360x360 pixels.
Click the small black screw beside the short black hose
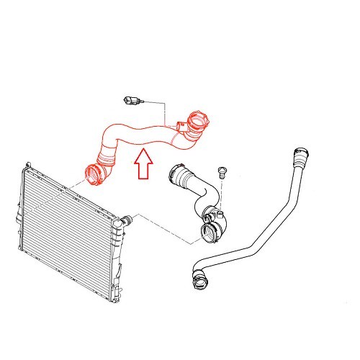pos(222,171)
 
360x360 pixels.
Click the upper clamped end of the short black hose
pos(176,174)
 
